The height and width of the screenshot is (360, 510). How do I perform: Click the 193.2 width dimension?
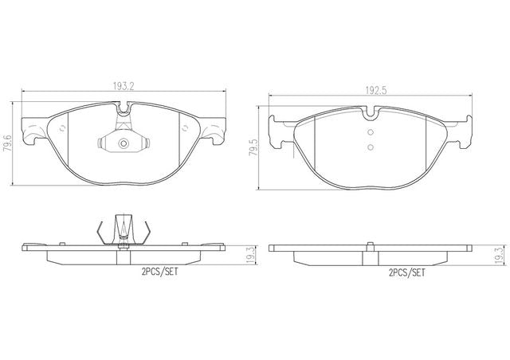coord(124,86)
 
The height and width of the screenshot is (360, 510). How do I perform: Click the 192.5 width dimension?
coord(375,90)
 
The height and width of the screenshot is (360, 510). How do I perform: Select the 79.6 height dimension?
coord(6,143)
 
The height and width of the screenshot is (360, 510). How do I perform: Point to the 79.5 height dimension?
coord(253,147)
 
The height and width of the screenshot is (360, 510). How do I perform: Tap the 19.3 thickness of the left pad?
coord(250,255)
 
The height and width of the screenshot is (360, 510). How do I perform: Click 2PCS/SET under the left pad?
coord(159,272)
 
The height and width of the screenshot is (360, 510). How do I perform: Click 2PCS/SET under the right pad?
coord(407,272)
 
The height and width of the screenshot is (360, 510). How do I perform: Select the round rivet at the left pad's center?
coord(124,143)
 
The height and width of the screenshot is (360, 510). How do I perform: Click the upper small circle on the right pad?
coord(370,132)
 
